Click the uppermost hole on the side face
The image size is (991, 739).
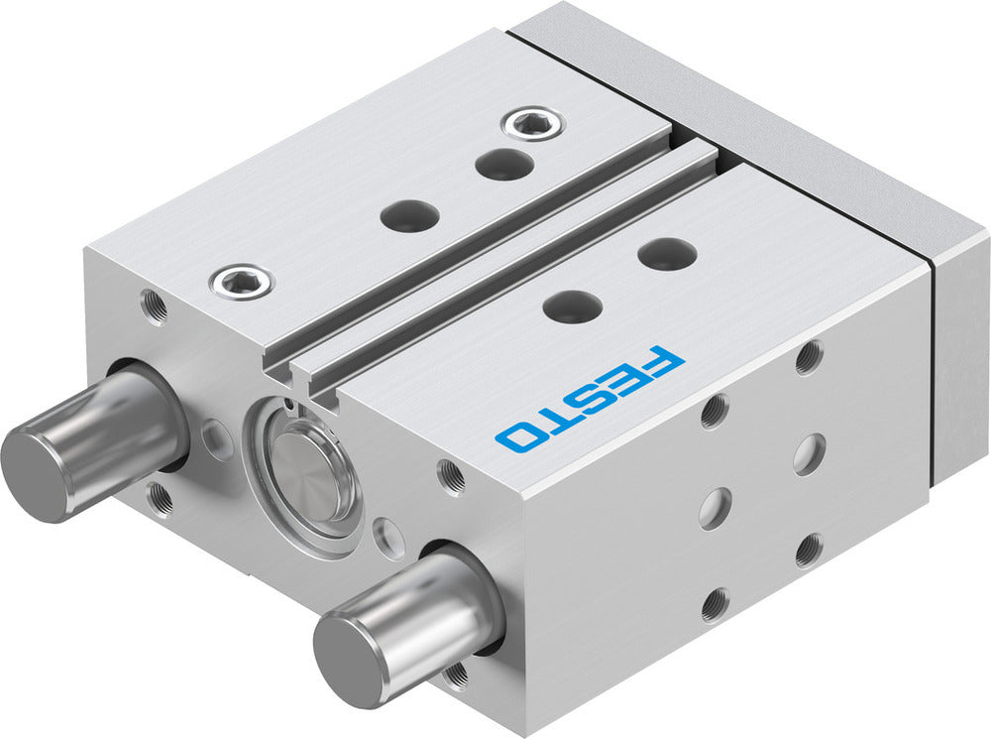[x=809, y=357]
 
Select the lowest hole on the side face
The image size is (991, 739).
[x=714, y=602]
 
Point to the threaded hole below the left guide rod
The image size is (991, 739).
[x=160, y=496]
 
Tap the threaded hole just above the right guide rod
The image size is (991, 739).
[x=451, y=477]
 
